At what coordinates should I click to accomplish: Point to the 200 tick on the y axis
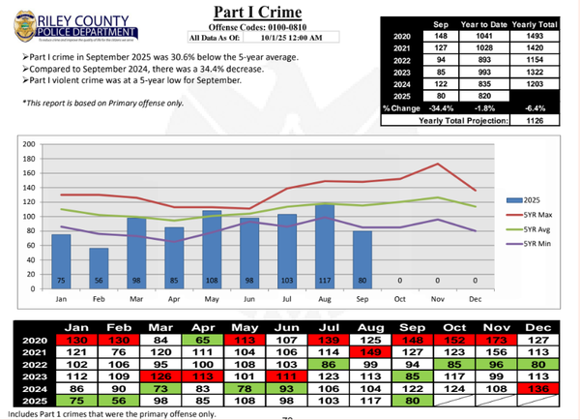[x=29, y=144]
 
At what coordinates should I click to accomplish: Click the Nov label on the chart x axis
[x=439, y=298]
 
